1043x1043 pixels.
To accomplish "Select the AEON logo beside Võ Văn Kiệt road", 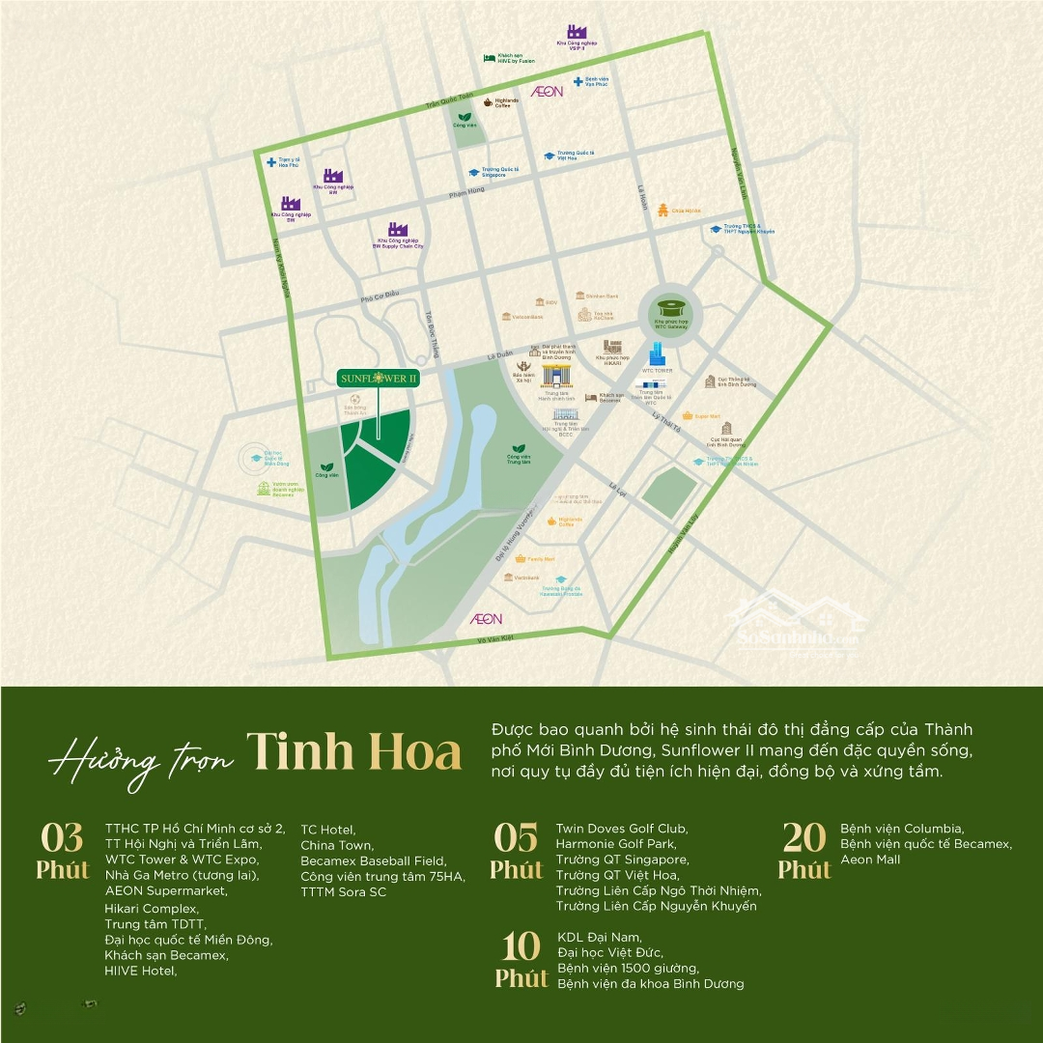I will pyautogui.click(x=486, y=618).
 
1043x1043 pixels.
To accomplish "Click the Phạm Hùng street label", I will pyautogui.click(x=466, y=191).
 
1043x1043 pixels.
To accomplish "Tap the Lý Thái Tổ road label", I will pyautogui.click(x=666, y=421).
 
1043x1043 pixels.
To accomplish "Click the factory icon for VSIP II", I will pyautogui.click(x=577, y=33).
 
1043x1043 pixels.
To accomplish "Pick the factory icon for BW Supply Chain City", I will pyautogui.click(x=398, y=230).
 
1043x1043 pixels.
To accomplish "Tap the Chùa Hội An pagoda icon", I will pyautogui.click(x=662, y=210).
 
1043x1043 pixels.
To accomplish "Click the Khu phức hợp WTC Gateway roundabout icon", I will pyautogui.click(x=669, y=308).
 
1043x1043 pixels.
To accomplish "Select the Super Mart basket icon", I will pyautogui.click(x=687, y=416).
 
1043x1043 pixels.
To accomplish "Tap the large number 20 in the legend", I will pyautogui.click(x=804, y=836).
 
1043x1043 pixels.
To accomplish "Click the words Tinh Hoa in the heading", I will pyautogui.click(x=353, y=751).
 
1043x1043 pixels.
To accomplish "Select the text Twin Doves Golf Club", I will pyautogui.click(x=621, y=829).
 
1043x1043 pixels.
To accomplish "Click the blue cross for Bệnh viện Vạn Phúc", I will pyautogui.click(x=578, y=81).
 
